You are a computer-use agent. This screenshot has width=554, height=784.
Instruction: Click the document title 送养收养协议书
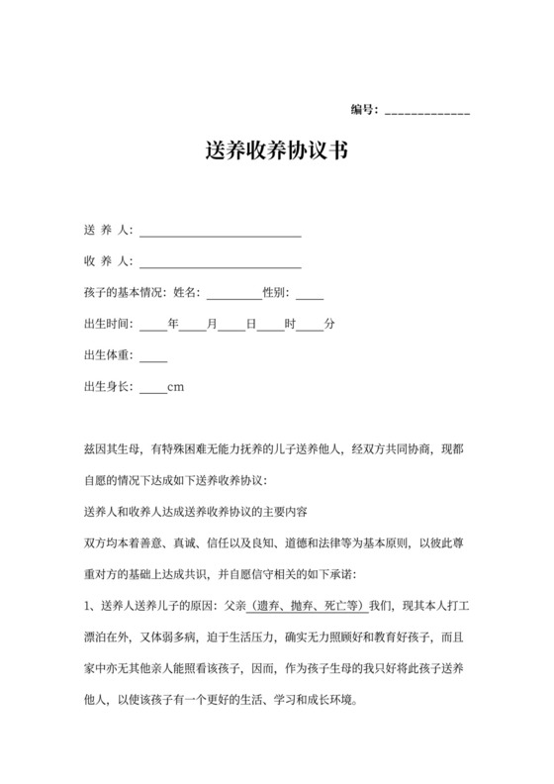277,152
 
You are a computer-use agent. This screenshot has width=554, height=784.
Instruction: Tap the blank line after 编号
426,112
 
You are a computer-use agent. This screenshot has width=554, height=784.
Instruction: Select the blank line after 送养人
220,235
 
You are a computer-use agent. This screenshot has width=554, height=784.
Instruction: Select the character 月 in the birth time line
213,324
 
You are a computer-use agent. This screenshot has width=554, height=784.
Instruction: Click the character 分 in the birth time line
329,324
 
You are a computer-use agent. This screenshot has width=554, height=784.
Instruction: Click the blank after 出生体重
153,358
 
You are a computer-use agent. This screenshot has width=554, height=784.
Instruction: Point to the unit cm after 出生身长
176,386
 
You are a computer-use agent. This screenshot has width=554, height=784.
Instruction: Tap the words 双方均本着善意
123,543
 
